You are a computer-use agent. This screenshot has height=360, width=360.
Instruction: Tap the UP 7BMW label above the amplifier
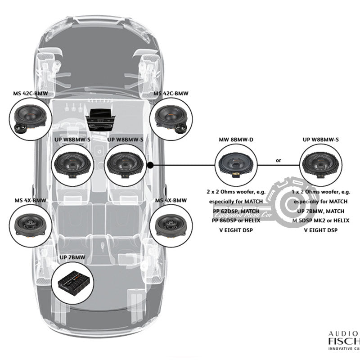pyautogui.click(x=72, y=258)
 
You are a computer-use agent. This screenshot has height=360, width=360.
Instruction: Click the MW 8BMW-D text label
pyautogui.click(x=236, y=140)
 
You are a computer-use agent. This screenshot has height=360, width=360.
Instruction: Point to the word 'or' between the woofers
pyautogui.click(x=278, y=160)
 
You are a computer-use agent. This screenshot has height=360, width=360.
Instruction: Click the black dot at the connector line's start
pyautogui.click(x=150, y=165)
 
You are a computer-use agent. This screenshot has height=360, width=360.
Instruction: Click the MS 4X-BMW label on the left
pyautogui.click(x=30, y=200)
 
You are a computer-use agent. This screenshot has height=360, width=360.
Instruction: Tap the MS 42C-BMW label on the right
pyautogui.click(x=171, y=94)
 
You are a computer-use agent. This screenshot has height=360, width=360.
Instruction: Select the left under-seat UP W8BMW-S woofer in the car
pyautogui.click(x=72, y=165)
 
